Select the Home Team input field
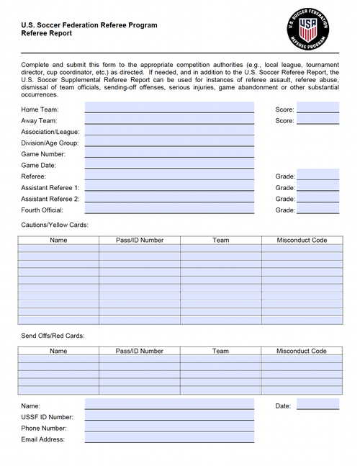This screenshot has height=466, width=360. click(x=169, y=108)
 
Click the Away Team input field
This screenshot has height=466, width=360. click(x=169, y=120)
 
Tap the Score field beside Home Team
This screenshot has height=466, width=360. click(x=318, y=108)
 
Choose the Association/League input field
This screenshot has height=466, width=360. click(x=169, y=131)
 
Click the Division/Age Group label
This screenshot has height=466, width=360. click(x=50, y=143)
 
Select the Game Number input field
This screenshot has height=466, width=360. click(x=169, y=153)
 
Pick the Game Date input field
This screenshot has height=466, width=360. click(x=169, y=164)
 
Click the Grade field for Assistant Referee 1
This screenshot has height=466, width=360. click(x=318, y=187)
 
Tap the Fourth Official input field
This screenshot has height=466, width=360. click(x=169, y=209)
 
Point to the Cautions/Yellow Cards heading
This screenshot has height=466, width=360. click(x=55, y=225)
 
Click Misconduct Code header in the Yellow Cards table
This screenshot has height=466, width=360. click(x=302, y=240)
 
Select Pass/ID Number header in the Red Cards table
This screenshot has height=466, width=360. click(x=140, y=351)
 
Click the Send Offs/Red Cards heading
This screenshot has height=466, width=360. click(x=53, y=336)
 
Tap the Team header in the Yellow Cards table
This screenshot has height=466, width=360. click(x=220, y=240)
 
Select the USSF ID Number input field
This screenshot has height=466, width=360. click(x=169, y=416)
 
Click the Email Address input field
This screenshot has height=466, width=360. click(x=169, y=438)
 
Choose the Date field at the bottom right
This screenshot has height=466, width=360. click(x=318, y=405)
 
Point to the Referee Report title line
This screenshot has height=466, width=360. click(x=46, y=33)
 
